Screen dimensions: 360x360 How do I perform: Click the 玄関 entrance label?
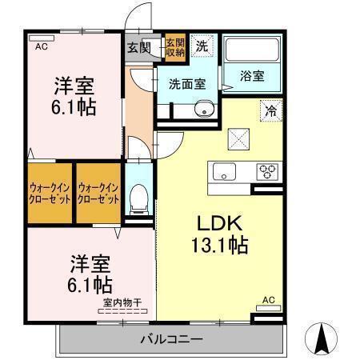(x=138, y=47)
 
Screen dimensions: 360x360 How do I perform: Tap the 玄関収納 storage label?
(x=175, y=47)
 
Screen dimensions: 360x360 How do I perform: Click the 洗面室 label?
(x=186, y=82)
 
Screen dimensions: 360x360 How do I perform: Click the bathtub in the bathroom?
(x=251, y=51)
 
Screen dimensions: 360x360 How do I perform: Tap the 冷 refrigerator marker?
(x=271, y=111)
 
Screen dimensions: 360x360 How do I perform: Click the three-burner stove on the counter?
(x=266, y=170)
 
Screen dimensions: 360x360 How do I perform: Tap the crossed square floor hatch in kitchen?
(x=239, y=139)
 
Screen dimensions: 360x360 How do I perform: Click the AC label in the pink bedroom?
(x=39, y=47)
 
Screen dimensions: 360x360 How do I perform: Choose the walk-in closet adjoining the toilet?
(x=98, y=192)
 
